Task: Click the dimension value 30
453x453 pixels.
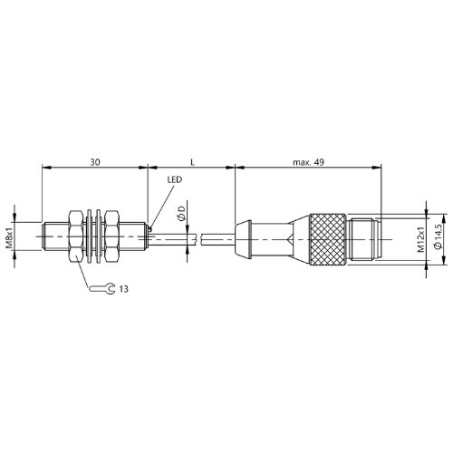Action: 95,162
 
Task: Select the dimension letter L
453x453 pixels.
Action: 193,162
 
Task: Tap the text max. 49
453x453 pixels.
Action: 308,162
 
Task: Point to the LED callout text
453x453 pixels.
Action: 175,179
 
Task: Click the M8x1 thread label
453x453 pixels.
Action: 10,236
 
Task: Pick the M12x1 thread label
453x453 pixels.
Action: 421,239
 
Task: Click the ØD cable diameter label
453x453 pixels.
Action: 181,213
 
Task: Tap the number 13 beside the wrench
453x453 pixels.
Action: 123,289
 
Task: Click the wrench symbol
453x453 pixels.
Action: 102,289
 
